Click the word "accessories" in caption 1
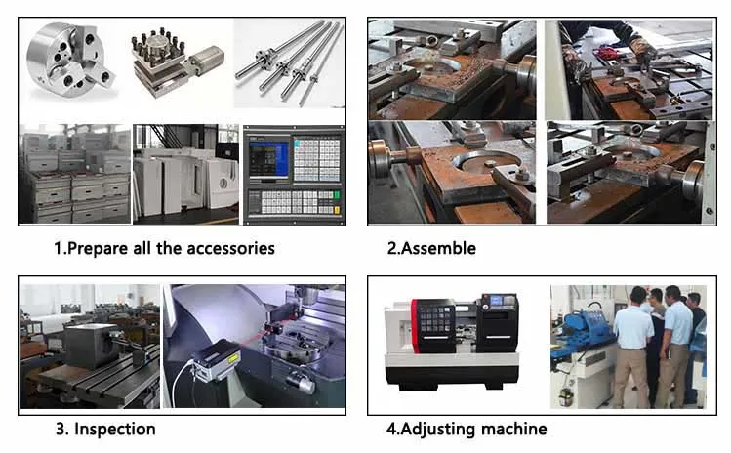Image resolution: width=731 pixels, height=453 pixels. pyautogui.click(x=220, y=248)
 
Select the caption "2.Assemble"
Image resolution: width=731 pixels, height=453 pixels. pyautogui.click(x=431, y=248)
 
